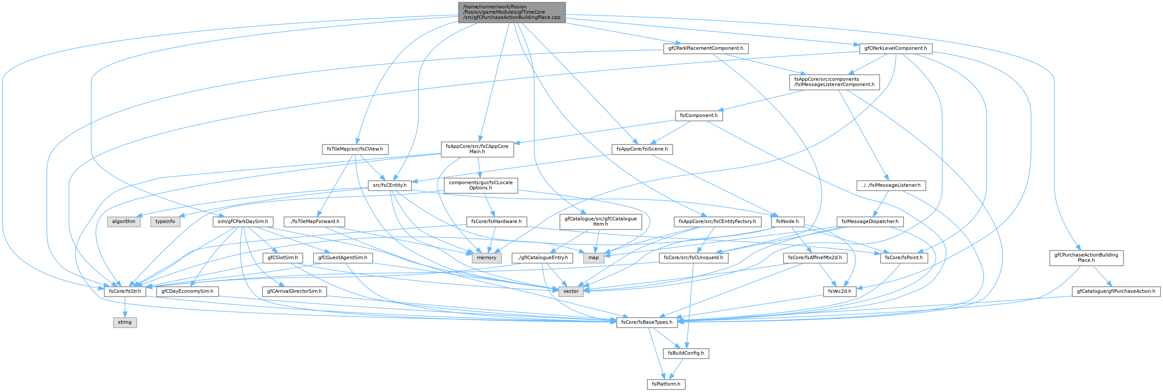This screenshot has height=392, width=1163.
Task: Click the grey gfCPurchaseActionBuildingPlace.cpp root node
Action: click(512, 12)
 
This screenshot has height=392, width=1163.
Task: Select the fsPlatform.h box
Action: click(666, 384)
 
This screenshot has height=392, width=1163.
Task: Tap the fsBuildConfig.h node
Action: click(686, 353)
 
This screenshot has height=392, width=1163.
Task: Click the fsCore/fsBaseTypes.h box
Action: click(647, 322)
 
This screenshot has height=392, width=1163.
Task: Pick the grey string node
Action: click(124, 322)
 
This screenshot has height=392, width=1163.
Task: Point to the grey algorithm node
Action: click(124, 222)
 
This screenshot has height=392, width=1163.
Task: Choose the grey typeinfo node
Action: click(165, 222)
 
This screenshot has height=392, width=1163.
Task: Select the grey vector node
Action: click(571, 291)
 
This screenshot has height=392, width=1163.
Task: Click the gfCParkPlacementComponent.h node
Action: click(706, 48)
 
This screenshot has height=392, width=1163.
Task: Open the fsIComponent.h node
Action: click(699, 116)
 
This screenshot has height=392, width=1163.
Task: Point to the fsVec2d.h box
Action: click(840, 291)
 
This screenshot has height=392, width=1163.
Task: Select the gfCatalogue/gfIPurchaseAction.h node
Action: click(1116, 291)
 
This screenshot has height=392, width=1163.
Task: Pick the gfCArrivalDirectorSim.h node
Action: click(294, 291)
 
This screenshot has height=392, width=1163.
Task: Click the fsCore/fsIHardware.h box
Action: click(496, 222)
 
